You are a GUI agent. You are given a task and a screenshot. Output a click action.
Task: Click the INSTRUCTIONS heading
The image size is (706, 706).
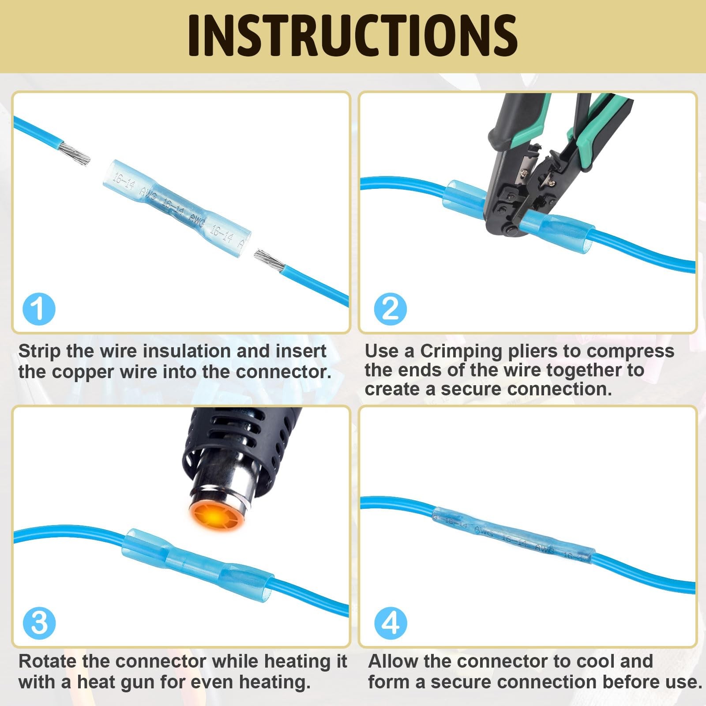tap(353, 35)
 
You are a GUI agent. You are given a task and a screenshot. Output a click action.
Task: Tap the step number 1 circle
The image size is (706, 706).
tap(39, 309)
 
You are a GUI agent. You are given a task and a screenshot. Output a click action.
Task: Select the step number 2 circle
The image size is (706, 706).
tap(391, 309)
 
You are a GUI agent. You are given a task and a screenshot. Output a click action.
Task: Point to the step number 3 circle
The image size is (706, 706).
tap(39, 623)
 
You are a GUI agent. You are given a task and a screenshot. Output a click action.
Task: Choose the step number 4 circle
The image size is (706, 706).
tap(391, 623)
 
